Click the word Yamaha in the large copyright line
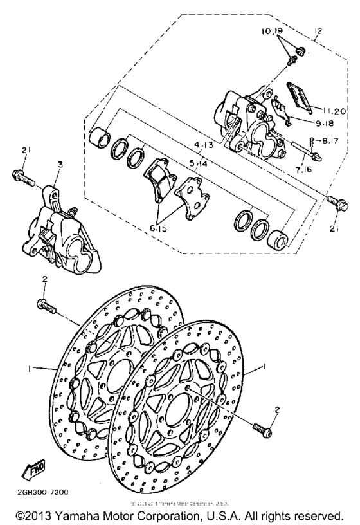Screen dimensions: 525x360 point(76,516)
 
